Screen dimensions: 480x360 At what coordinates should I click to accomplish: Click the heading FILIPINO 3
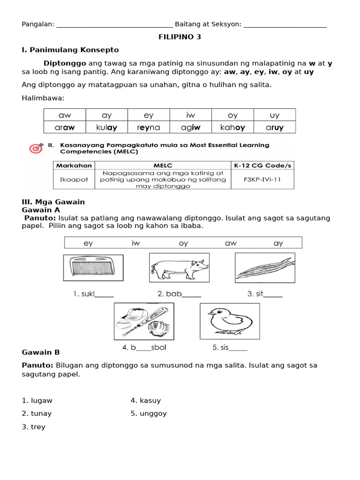point(180,37)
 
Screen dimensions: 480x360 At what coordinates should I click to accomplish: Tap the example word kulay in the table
point(107,127)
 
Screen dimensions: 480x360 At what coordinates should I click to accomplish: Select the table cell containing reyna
point(149,127)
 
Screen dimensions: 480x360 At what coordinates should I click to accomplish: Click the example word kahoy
point(232,127)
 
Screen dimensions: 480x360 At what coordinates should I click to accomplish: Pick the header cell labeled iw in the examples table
point(190,115)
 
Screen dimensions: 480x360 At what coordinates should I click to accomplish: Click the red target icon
point(36,148)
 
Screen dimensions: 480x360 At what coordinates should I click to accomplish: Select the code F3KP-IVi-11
point(262,180)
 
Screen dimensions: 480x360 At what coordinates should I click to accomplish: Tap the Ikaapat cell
point(73,180)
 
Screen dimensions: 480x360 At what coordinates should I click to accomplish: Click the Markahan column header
point(73,165)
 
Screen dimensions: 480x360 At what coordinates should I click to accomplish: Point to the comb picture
point(93,268)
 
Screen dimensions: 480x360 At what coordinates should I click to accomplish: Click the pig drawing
point(179,268)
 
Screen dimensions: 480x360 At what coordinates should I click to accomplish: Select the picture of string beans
point(265,268)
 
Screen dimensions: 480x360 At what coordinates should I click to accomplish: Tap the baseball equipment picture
point(144,321)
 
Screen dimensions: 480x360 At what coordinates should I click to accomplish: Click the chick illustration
point(230,321)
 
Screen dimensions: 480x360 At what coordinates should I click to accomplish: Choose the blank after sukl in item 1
point(104,295)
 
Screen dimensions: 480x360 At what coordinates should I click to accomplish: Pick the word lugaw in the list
point(41,400)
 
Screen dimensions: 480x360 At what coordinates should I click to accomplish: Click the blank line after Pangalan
point(114,25)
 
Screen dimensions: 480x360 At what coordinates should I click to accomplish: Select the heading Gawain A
point(41,210)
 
